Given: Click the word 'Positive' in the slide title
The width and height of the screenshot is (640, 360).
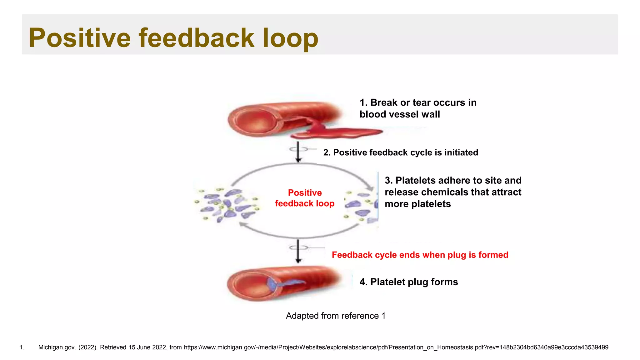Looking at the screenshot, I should click(80, 38).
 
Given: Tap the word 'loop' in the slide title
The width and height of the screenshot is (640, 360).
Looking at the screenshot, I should click(290, 38).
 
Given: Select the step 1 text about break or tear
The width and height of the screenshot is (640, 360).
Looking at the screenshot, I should click(417, 108).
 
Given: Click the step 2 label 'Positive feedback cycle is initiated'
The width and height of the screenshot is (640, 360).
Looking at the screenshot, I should click(400, 152).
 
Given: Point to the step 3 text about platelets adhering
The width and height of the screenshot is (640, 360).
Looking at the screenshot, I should click(453, 192).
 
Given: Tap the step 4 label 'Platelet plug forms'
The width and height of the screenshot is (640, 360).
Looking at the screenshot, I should click(408, 282).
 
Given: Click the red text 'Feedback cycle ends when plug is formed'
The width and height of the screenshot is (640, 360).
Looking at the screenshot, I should click(420, 255).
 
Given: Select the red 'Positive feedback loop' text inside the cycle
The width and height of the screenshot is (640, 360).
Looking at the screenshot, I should click(305, 198).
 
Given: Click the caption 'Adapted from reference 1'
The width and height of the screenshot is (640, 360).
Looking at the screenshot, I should click(336, 316).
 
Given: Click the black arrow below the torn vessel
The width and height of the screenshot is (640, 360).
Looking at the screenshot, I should click(298, 152).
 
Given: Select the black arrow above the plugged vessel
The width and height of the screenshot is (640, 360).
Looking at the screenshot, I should click(298, 251).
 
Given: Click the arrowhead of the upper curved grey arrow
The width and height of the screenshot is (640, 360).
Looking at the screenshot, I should click(370, 188).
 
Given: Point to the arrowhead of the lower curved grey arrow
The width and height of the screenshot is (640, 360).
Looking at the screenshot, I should click(242, 224).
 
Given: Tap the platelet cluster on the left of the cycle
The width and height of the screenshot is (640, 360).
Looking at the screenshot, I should click(227, 205).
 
